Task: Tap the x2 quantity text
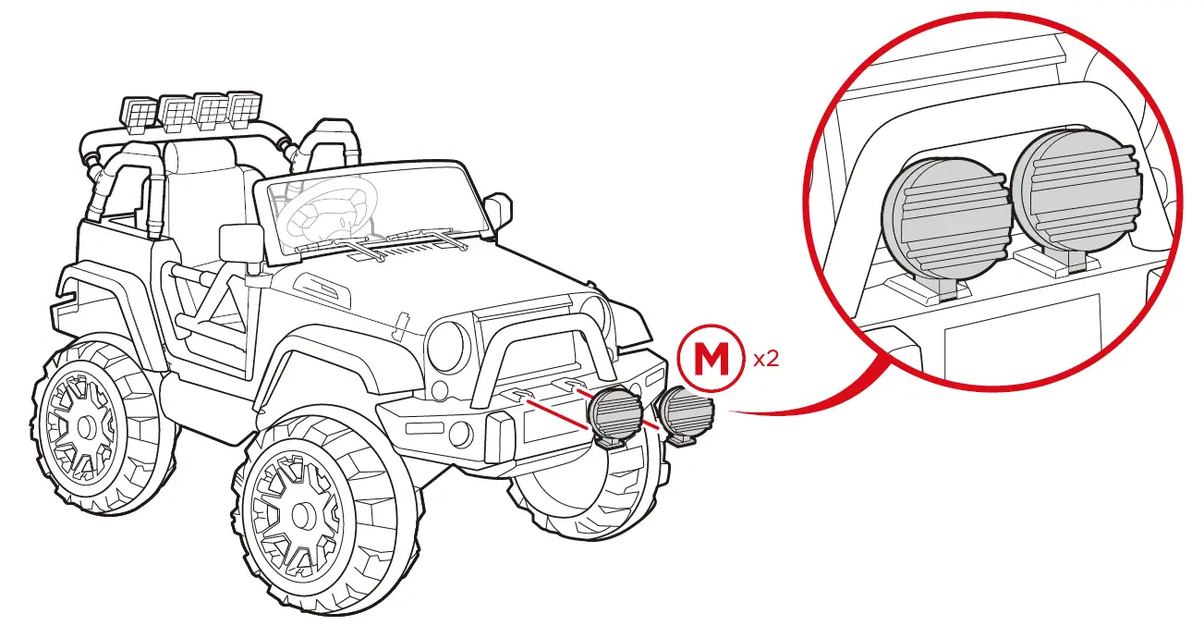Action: pyautogui.click(x=766, y=359)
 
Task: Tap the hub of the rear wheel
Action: pyautogui.click(x=84, y=427)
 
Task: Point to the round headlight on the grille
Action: pyautogui.click(x=447, y=345)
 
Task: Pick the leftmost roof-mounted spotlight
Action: pyautogui.click(x=139, y=114)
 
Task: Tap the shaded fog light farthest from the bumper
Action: pyautogui.click(x=686, y=411)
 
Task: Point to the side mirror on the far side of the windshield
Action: pyautogui.click(x=497, y=210)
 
